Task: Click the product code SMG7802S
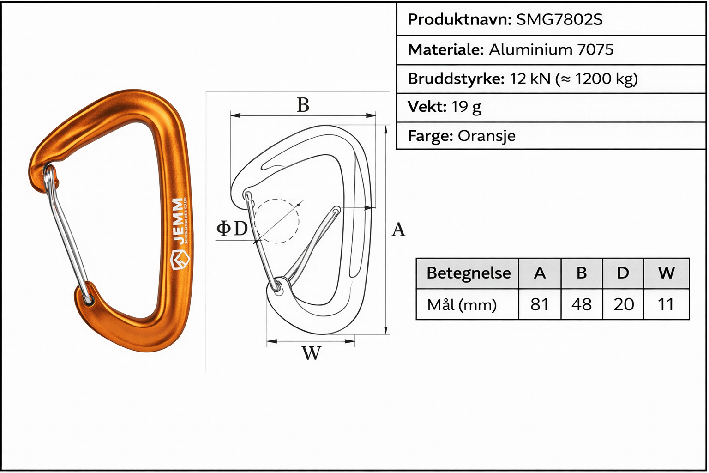559,19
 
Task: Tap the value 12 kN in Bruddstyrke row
530,79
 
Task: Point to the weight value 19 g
466,107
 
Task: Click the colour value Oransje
486,136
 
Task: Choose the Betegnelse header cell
468,273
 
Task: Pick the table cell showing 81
540,304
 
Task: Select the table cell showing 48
581,304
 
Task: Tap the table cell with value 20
623,304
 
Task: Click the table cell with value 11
666,304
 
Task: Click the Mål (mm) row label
462,305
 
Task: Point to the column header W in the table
666,273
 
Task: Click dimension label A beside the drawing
398,230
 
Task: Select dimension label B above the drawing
303,105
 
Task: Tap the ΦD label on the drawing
232,228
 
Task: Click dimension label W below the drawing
311,353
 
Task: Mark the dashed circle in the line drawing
276,221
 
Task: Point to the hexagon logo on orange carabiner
180,261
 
